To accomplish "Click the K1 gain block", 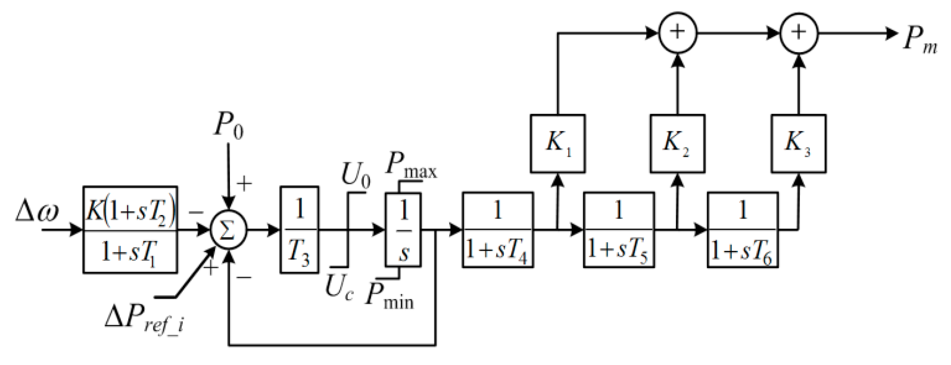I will tap(557, 144).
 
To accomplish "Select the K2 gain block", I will tap(677, 144).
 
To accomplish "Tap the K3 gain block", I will tap(798, 144).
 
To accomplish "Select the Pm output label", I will tap(919, 40).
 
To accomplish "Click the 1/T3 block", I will tap(299, 230).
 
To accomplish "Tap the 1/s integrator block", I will tap(403, 230).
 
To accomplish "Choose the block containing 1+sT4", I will tap(497, 230).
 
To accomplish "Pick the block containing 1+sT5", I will tap(618, 230).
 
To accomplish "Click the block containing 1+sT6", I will tap(742, 230).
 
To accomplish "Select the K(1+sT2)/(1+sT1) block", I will tap(130, 230).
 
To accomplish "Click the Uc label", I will tap(339, 288).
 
